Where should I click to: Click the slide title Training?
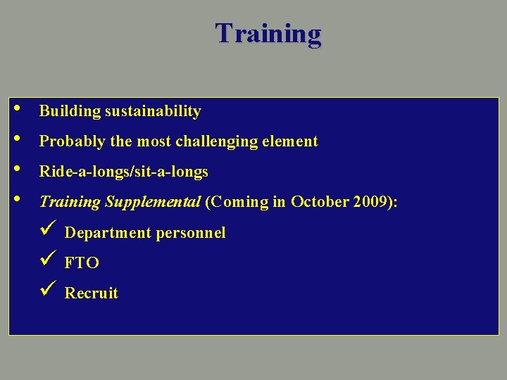click(x=268, y=33)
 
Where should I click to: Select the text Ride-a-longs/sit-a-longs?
click(x=124, y=172)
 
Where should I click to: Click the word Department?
click(x=104, y=233)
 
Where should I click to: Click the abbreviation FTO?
click(x=82, y=263)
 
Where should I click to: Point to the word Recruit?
click(x=92, y=293)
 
